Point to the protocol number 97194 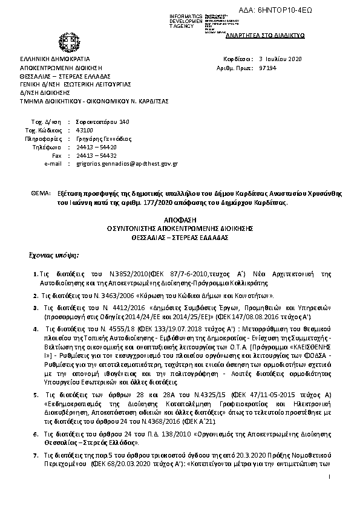click(x=267, y=69)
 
